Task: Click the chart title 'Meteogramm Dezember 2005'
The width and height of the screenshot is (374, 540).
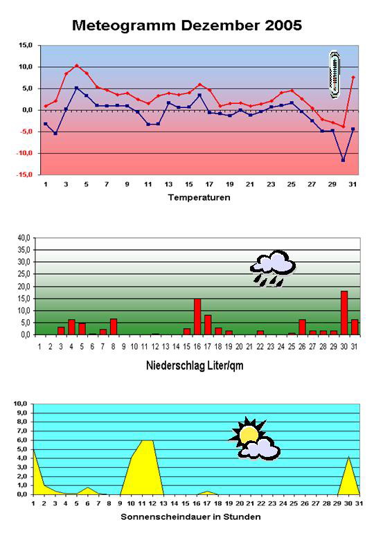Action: coord(187,26)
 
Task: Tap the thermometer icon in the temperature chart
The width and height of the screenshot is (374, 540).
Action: coord(335,74)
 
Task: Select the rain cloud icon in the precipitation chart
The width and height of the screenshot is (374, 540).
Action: coord(273,269)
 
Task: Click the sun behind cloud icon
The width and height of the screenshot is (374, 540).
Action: coord(254,439)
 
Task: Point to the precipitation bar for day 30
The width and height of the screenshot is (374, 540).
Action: coord(344,313)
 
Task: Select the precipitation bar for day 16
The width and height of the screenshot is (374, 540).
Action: coord(197,317)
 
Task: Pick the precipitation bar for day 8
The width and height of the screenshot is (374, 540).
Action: coord(114,327)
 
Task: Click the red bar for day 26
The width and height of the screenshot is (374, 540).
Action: coord(302,327)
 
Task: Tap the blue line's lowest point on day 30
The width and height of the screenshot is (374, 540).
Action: coord(343,160)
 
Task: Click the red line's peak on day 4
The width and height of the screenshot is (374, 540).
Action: coord(77,66)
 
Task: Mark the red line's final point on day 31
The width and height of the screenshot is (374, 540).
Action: coord(353,77)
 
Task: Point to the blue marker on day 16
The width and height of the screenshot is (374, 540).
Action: coord(199,95)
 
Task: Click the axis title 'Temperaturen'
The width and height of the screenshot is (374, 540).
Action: coord(199,197)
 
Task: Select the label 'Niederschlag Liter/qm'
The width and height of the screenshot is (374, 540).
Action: coord(195,366)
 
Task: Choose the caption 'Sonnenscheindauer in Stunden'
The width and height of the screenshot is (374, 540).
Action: coord(190,516)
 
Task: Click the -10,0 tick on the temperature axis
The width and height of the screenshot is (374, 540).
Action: coord(24,153)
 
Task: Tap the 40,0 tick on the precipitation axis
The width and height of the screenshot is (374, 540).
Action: coord(24,237)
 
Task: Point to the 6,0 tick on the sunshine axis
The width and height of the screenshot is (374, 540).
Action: coord(21,440)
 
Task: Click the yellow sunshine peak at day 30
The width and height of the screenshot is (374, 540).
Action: coord(349,457)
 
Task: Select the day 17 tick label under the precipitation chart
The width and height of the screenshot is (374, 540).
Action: coord(207,347)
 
